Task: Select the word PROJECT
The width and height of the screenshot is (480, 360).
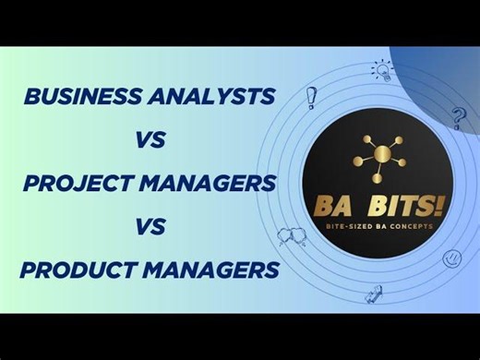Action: point(73,184)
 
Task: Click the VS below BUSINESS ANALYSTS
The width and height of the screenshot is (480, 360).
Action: point(150,141)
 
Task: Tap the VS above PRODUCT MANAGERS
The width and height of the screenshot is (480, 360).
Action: point(150,227)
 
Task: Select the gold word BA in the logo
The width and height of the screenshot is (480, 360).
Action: point(338,205)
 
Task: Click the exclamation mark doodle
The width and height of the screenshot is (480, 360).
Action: point(311,96)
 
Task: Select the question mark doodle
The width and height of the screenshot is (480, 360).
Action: point(458,117)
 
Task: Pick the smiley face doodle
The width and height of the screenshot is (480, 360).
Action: point(451,259)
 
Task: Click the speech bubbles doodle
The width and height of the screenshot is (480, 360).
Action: point(292,237)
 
